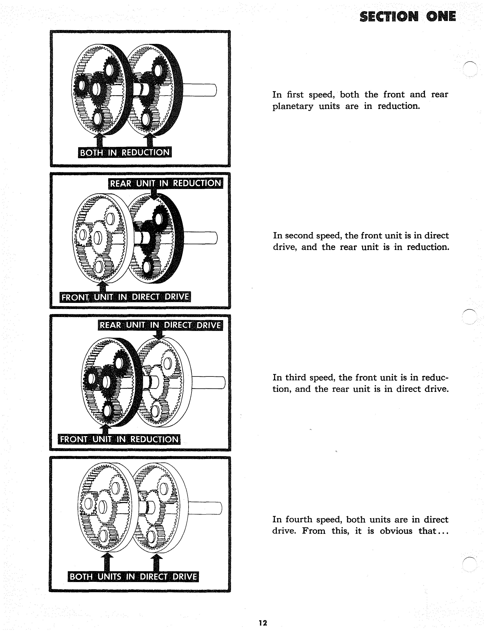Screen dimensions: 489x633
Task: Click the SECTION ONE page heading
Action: point(407,16)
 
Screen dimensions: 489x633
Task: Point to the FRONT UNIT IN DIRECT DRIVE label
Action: point(125,297)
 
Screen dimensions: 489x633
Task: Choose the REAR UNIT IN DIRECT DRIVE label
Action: point(160,325)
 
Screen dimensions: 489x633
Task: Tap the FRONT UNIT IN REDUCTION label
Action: point(119,439)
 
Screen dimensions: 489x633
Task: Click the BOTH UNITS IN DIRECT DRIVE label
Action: point(133,577)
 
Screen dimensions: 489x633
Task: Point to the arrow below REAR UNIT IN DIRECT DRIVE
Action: point(159,335)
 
